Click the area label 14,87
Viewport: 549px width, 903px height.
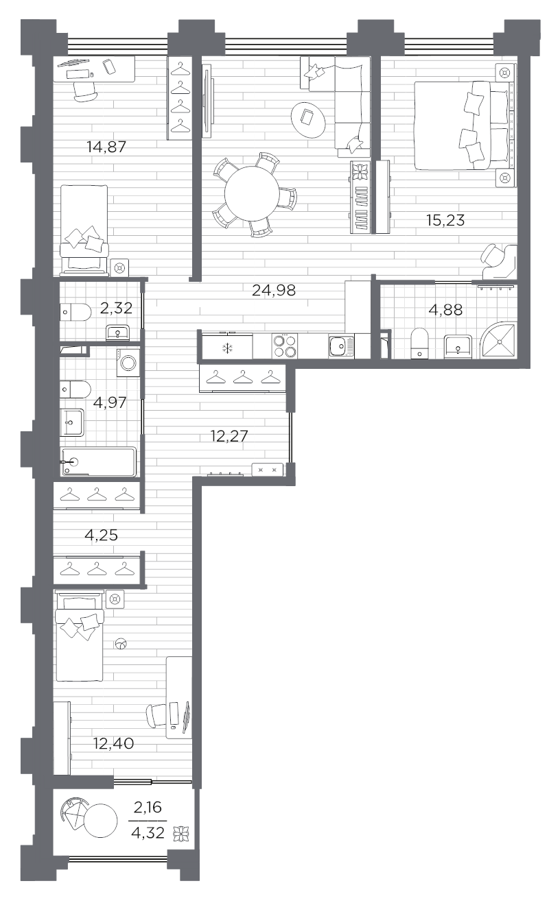106,147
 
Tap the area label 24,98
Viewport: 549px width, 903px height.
274,290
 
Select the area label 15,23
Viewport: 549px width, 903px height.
445,220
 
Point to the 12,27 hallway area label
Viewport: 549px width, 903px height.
229,436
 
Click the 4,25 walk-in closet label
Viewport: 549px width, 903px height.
102,535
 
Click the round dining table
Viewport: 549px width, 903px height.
252,195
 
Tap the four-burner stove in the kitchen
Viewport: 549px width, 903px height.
285,346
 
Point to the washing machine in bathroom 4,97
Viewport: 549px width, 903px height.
128,363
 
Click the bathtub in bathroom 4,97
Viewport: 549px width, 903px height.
98,462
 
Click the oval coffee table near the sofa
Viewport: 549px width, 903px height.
308,119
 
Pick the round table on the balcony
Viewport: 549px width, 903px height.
101,820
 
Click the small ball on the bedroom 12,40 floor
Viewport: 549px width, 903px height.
120,645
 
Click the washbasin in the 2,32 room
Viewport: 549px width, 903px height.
118,333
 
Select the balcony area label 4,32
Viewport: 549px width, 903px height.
148,833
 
